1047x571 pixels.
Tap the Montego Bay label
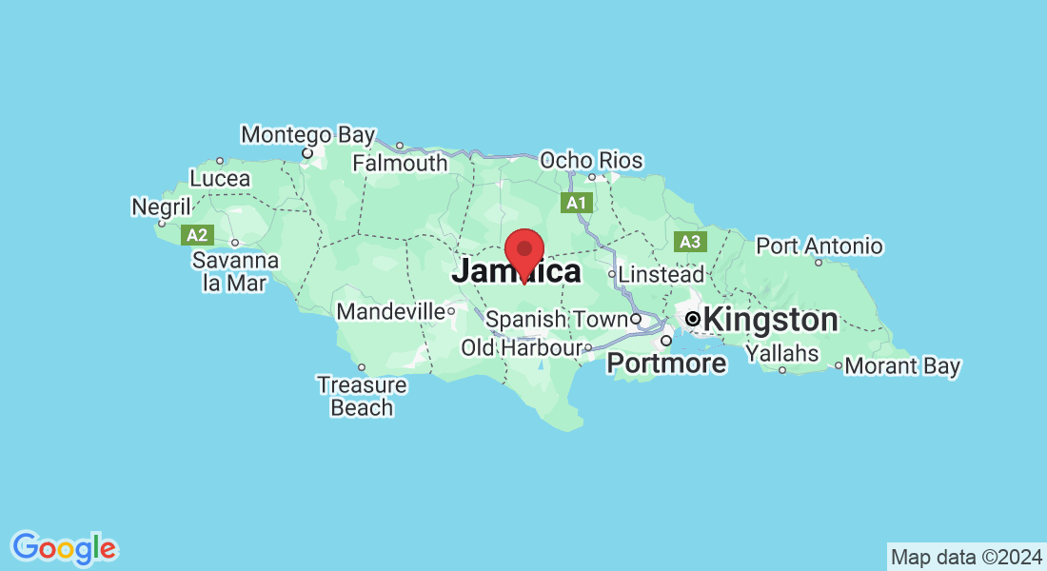(307, 135)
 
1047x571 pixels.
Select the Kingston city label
(770, 320)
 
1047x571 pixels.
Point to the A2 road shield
(197, 234)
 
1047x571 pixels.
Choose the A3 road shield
(690, 242)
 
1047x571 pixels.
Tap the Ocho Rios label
(591, 161)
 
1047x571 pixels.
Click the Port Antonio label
(819, 246)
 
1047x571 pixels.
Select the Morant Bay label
(902, 365)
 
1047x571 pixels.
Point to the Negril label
(162, 207)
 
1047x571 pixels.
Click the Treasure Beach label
(362, 397)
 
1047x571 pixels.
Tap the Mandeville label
(390, 311)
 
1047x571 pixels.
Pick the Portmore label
(666, 363)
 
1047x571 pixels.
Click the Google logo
(65, 548)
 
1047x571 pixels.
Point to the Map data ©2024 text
(965, 556)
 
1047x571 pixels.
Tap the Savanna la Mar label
(235, 271)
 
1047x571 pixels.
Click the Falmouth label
(400, 163)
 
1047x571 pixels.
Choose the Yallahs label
(781, 353)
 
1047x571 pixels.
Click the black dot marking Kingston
(694, 319)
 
